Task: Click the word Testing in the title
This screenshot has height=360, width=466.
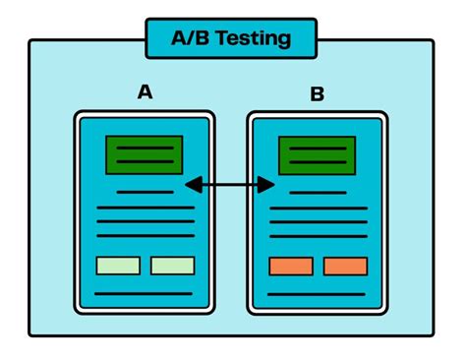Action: [x=257, y=38]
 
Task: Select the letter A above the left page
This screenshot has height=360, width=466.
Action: [x=145, y=92]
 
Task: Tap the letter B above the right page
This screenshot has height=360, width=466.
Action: [x=318, y=95]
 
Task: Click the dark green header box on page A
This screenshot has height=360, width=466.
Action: [x=145, y=154]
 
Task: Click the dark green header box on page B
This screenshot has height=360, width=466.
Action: [x=318, y=155]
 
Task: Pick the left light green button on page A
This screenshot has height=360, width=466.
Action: [x=117, y=265]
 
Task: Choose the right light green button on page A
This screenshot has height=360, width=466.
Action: [x=172, y=265]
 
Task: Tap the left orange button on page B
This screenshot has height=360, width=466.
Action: [x=290, y=266]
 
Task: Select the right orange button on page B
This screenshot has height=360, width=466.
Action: [x=345, y=266]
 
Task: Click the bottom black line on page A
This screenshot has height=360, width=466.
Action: [x=144, y=293]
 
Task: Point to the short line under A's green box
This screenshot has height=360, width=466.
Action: [x=145, y=191]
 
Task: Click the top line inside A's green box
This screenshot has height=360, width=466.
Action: [x=145, y=148]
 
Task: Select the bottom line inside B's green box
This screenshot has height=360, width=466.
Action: [x=318, y=162]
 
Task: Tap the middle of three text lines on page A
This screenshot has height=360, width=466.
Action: [x=145, y=221]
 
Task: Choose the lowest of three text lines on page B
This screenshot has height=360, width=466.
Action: [x=318, y=236]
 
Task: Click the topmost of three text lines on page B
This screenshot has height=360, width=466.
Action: [x=318, y=209]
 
